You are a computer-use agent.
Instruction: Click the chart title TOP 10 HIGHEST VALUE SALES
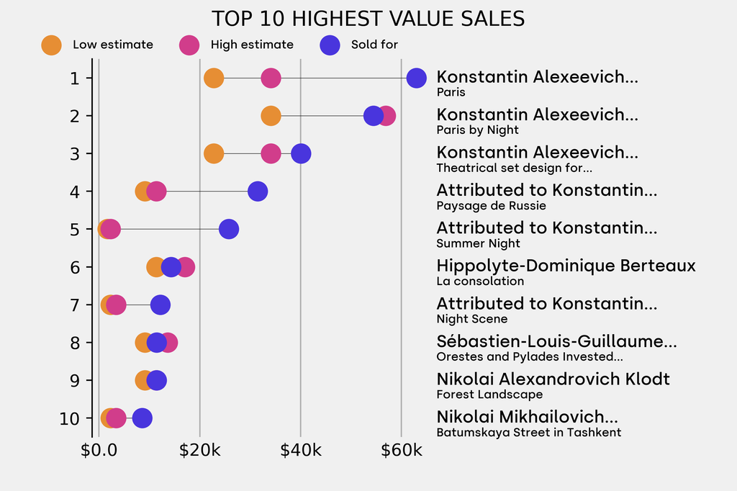tap(368, 18)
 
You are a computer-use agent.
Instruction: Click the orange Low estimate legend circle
tap(51, 45)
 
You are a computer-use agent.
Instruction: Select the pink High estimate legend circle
tap(189, 45)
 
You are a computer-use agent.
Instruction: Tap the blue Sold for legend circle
tap(330, 45)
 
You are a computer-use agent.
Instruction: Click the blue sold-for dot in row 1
tap(416, 78)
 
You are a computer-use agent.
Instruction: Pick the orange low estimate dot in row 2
tap(271, 116)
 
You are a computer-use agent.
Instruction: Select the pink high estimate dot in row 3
tap(271, 153)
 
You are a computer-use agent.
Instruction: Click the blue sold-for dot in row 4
tap(257, 192)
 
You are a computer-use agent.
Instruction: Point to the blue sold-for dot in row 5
tap(228, 229)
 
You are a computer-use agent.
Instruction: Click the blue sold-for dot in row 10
tap(142, 418)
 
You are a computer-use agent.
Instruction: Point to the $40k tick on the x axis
tap(300, 451)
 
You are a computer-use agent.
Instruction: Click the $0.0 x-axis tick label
tap(99, 451)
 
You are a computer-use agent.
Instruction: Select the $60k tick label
tap(401, 451)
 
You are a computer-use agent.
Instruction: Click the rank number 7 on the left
tap(75, 305)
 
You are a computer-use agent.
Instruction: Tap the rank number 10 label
tap(70, 418)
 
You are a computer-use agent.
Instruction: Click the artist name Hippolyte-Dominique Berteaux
tap(566, 266)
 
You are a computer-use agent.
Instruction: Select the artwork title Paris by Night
tap(477, 130)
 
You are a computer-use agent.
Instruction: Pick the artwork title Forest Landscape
tap(489, 395)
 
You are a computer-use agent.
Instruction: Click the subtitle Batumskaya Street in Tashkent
tap(528, 433)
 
